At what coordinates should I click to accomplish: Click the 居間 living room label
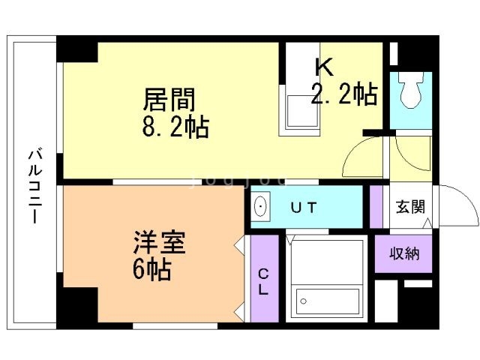[169, 100]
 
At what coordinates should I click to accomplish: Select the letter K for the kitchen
[324, 67]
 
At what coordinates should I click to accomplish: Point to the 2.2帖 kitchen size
[344, 95]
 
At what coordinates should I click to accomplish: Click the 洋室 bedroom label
[159, 244]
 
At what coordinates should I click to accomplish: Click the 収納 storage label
[404, 253]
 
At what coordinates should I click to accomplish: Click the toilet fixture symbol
[411, 93]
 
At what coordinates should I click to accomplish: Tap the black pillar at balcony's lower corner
[77, 307]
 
